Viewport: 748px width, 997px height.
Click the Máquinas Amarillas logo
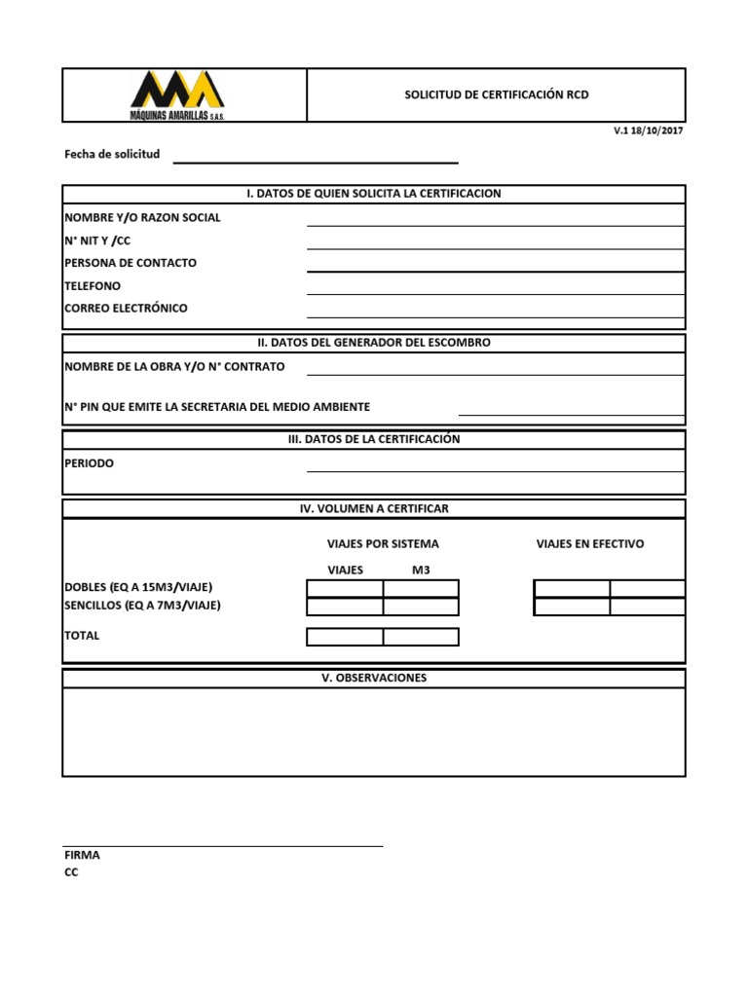pos(178,94)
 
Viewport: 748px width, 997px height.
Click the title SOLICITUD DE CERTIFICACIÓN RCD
pos(497,94)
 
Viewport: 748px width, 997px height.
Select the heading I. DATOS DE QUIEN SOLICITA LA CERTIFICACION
pos(374,194)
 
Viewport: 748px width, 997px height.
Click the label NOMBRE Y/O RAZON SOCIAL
pos(142,217)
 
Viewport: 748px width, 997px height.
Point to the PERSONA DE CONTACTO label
pos(131,263)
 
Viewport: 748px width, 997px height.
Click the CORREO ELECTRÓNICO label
pos(126,308)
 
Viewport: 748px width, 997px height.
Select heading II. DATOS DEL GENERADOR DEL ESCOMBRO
pos(374,343)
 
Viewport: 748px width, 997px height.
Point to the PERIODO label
pos(89,463)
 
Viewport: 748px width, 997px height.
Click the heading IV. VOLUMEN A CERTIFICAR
pos(374,508)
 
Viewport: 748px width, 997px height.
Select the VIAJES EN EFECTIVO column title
pos(590,543)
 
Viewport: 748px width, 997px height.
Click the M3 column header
pos(421,570)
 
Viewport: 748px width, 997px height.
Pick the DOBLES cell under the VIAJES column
pos(345,588)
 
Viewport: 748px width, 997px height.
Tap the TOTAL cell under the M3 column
pos(421,637)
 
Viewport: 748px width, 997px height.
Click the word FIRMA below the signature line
pos(82,855)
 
